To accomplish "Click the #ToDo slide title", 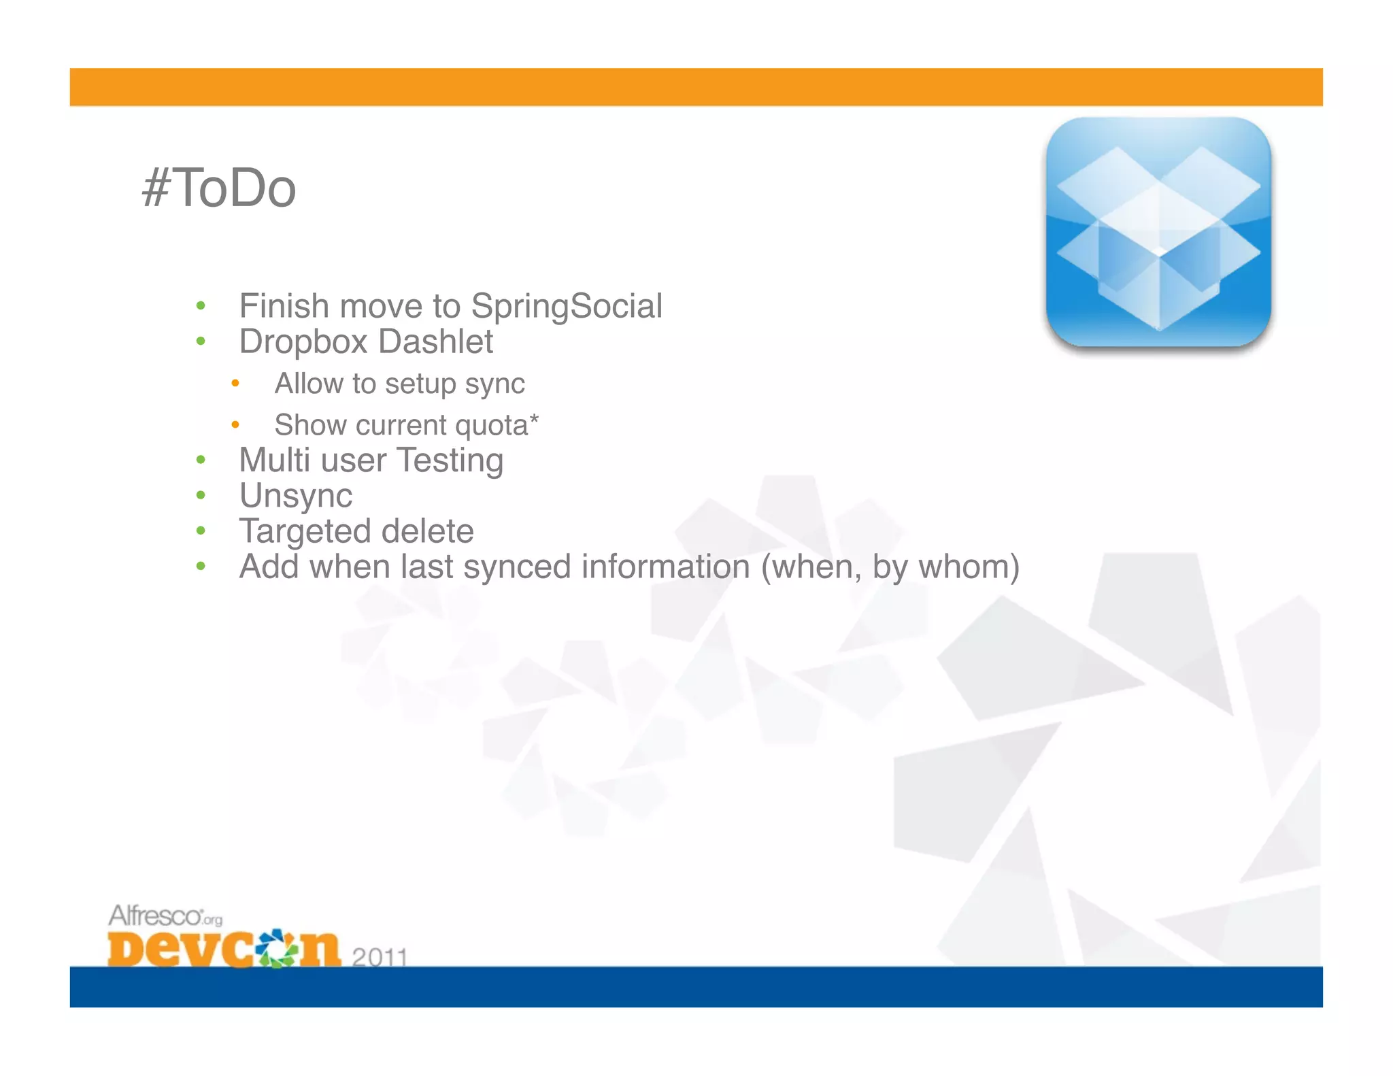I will tap(219, 188).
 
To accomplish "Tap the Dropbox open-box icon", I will tap(1158, 233).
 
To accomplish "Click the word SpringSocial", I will tap(566, 306).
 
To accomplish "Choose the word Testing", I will tap(450, 461).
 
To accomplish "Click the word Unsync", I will tap(296, 496).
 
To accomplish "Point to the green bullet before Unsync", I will tap(201, 495).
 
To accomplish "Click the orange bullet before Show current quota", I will tap(235, 425).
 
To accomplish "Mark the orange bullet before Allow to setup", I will tap(235, 384).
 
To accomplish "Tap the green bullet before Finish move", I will tap(201, 306).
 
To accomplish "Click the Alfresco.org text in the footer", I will tap(165, 915).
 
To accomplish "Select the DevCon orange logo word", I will tap(223, 948).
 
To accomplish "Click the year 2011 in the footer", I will tap(380, 956).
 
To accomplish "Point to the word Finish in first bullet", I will tap(283, 306).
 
